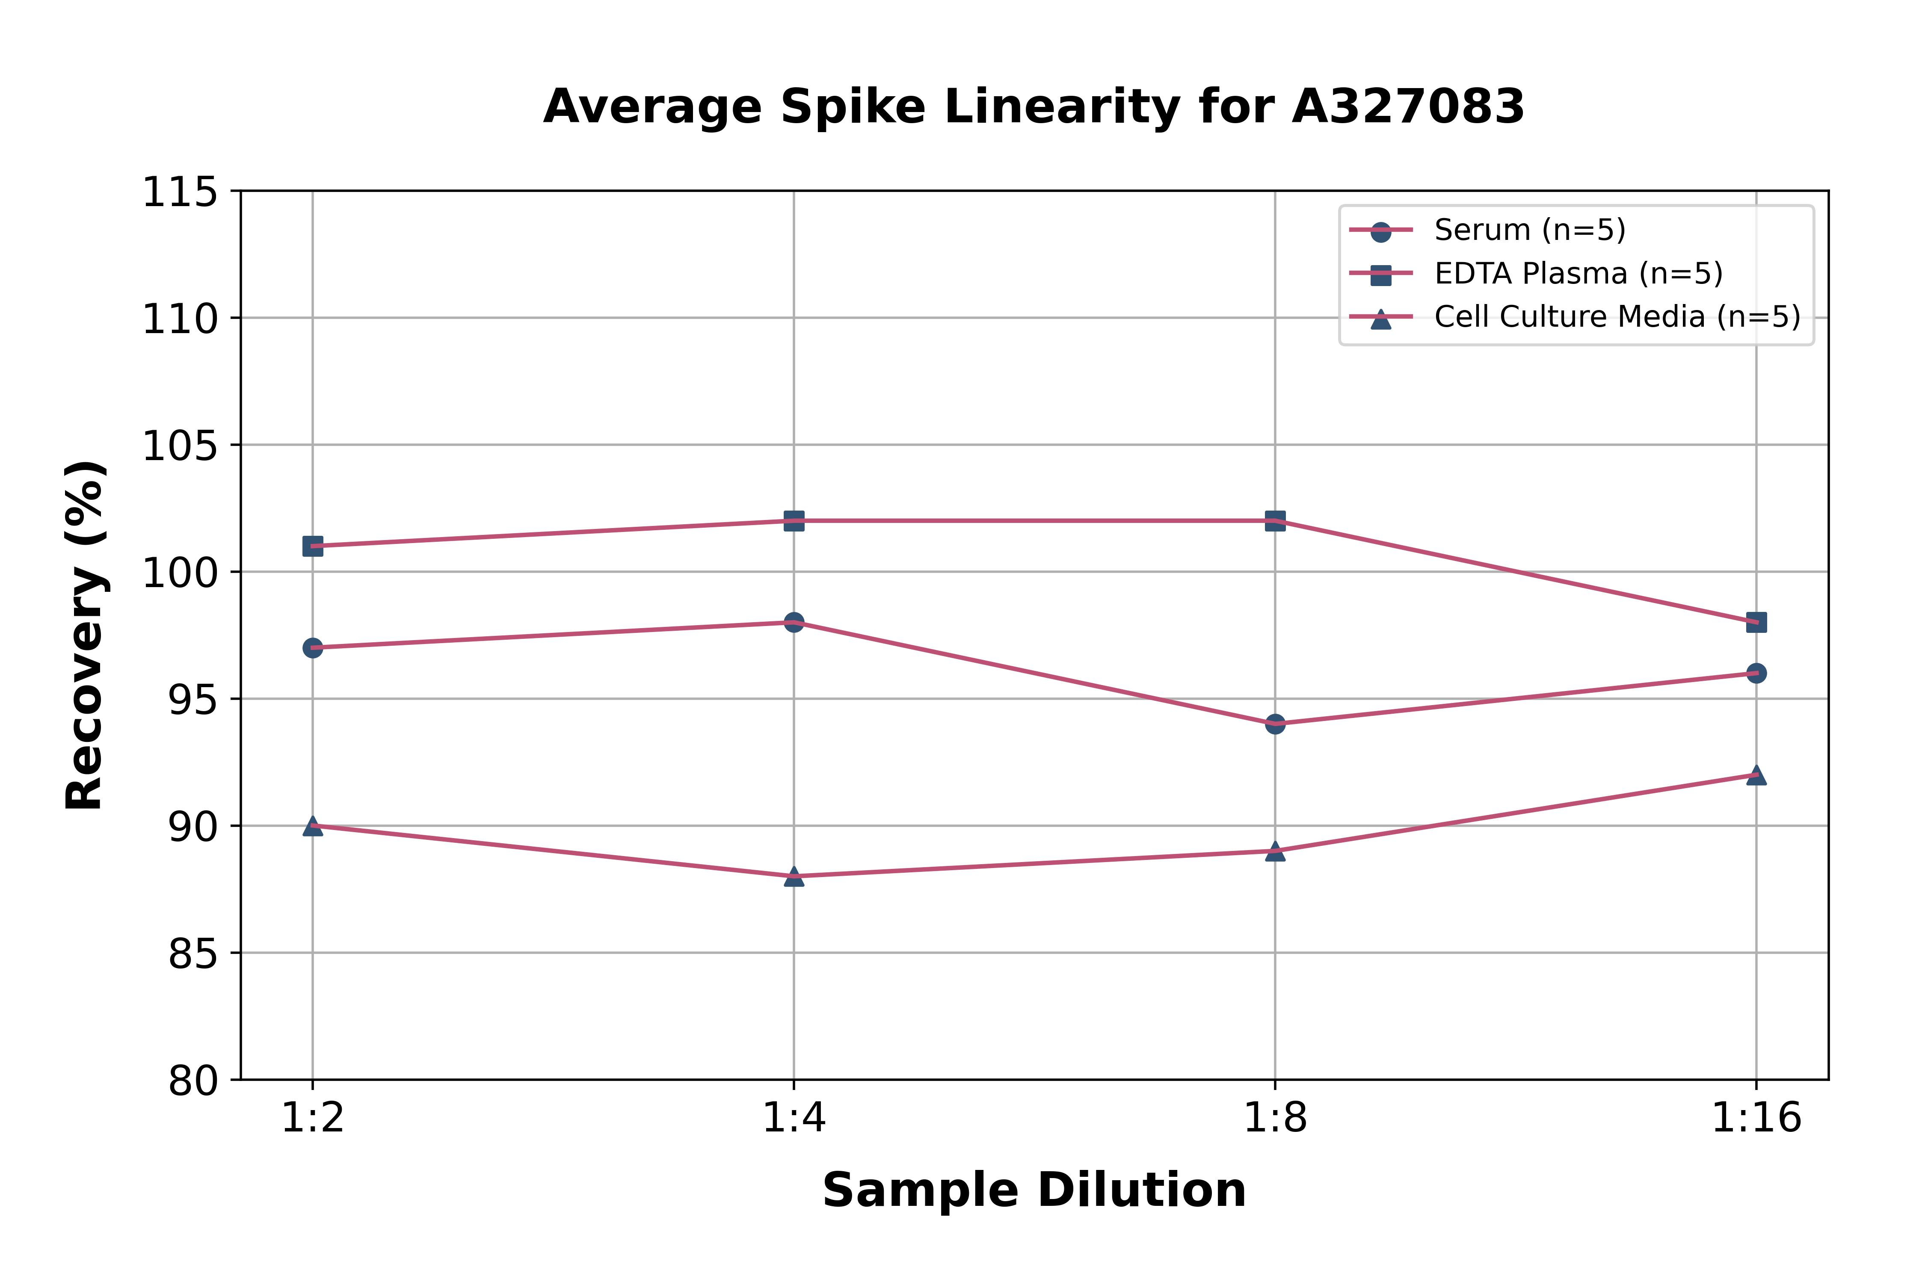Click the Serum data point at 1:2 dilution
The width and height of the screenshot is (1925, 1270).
[x=313, y=648]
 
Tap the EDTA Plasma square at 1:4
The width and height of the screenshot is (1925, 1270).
[x=794, y=521]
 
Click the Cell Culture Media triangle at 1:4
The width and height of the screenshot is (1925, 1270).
[x=794, y=876]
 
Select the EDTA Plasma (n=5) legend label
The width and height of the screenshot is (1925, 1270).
[x=1578, y=274]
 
